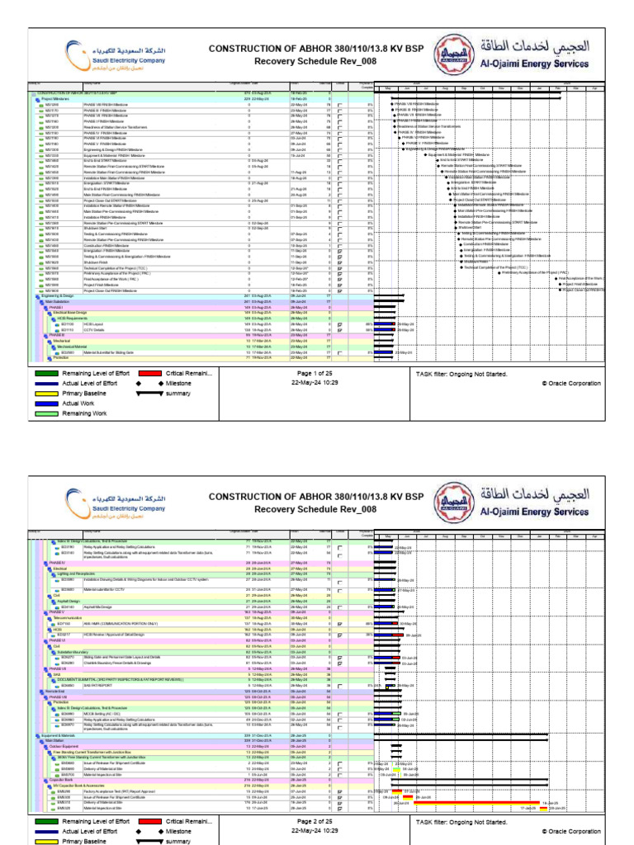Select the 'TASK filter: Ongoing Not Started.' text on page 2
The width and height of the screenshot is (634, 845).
[461, 822]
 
